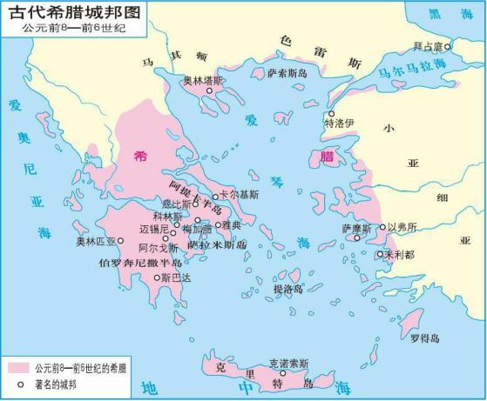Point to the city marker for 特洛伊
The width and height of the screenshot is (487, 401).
330,114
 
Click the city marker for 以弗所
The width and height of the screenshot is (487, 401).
382,227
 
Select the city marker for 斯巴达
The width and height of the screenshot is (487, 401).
157,278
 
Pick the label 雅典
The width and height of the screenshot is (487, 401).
232,224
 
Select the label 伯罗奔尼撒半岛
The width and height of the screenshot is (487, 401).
140,262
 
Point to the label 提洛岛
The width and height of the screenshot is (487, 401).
288,288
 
